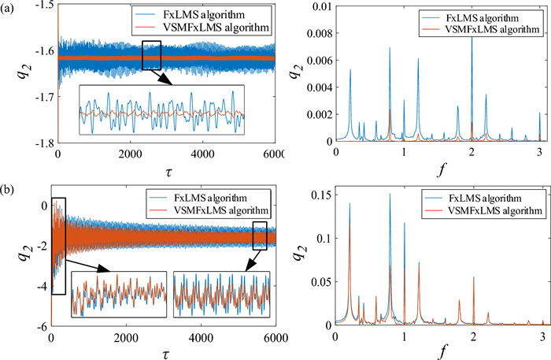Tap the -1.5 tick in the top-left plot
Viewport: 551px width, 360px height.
click(43, 6)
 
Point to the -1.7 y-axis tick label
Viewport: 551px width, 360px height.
click(43, 97)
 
